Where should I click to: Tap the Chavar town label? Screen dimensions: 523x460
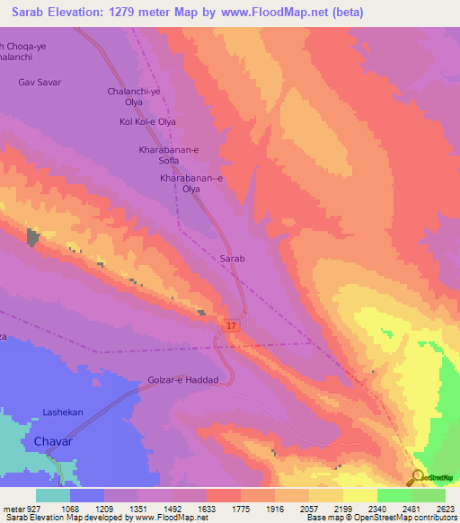tap(53, 442)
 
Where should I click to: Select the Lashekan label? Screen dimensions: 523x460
tap(63, 412)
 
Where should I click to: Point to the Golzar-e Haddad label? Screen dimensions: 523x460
tap(183, 380)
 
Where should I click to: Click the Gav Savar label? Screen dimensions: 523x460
tap(39, 82)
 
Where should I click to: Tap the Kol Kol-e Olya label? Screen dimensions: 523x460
tap(140, 121)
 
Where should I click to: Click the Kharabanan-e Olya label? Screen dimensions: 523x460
tap(190, 184)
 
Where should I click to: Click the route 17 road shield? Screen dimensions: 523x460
tap(231, 325)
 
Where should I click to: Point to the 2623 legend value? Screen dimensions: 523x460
tap(445, 509)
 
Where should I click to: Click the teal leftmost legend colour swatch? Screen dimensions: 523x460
tap(53, 495)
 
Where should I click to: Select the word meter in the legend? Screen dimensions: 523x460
tap(13, 509)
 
